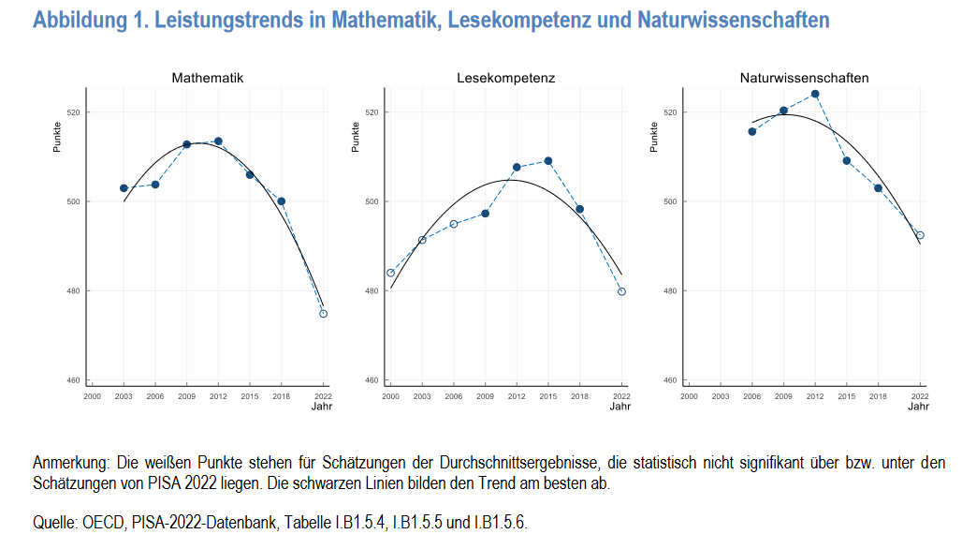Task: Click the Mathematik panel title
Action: [207, 78]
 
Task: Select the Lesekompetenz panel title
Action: [505, 78]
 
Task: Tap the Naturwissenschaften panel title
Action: [804, 78]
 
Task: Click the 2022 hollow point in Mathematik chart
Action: [324, 314]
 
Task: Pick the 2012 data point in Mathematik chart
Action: [218, 141]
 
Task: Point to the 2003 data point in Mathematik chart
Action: [124, 188]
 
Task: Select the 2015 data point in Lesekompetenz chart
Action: [548, 161]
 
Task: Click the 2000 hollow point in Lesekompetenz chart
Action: [390, 273]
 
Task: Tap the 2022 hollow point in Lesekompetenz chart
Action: [621, 291]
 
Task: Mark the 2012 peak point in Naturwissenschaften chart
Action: [815, 94]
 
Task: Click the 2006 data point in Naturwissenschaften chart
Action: [752, 131]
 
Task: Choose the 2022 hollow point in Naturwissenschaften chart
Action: [920, 235]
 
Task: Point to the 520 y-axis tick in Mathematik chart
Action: [72, 112]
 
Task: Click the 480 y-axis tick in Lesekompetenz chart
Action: [372, 291]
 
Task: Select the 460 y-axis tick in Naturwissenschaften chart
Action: [670, 380]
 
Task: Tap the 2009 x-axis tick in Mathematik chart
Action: [186, 396]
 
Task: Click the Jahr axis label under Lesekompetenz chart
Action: [619, 407]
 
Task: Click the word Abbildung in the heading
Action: [75, 20]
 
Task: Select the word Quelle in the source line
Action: [54, 523]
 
